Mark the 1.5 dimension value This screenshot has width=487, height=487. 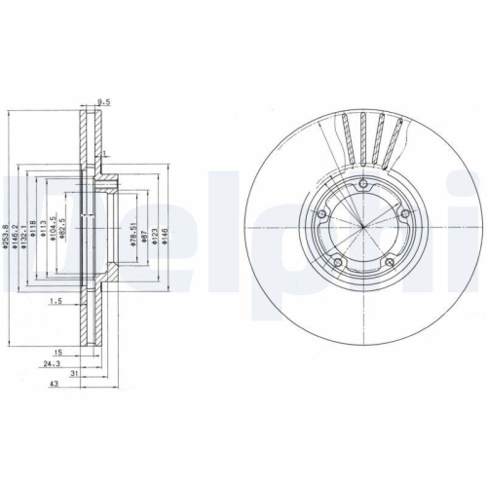[57, 303]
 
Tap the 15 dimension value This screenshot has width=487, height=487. [58, 352]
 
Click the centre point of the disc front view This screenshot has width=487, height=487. [360, 227]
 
